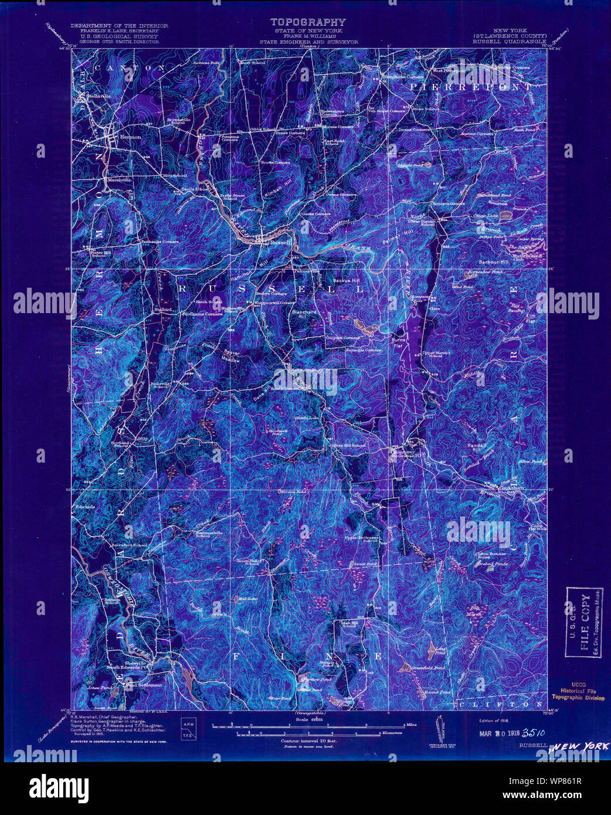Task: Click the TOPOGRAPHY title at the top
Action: (308, 23)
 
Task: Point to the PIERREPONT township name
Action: (471, 87)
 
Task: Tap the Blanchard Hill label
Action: (304, 315)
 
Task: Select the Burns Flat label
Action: (398, 342)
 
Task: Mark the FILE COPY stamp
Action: (584, 622)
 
